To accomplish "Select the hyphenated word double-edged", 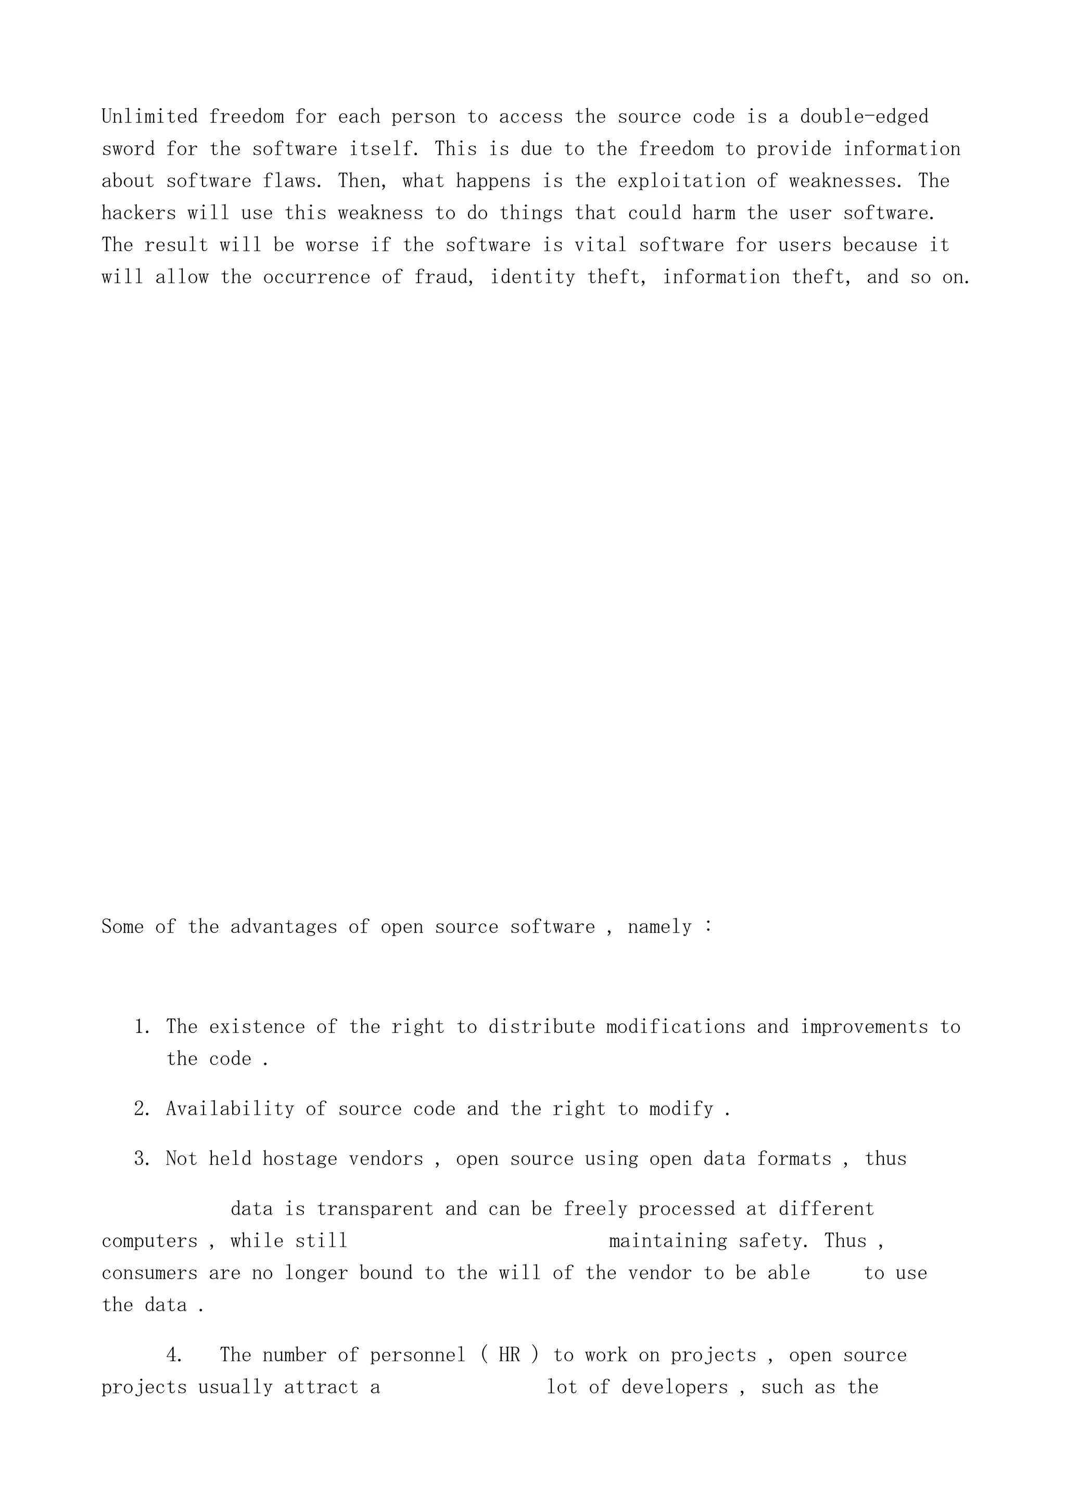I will click(x=864, y=117).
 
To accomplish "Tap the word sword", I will click(x=128, y=149).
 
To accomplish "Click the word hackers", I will click(x=138, y=213).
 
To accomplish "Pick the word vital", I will click(x=601, y=246).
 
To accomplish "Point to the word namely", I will click(x=659, y=927).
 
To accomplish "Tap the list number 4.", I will click(x=174, y=1355).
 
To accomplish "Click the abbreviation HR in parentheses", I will click(x=510, y=1355).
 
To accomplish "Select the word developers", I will click(x=674, y=1387).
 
